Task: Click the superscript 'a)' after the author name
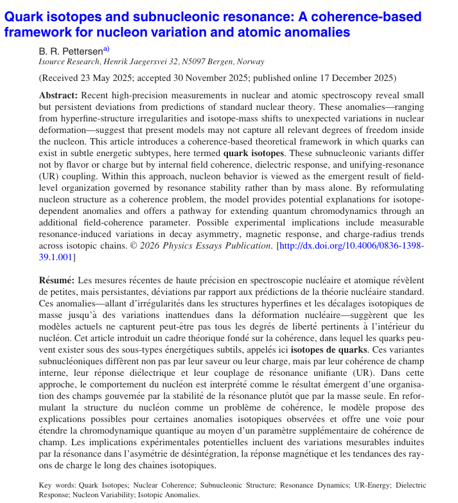click(x=106, y=48)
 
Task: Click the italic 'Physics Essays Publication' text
click(x=195, y=246)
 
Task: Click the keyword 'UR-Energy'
click(x=366, y=485)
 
